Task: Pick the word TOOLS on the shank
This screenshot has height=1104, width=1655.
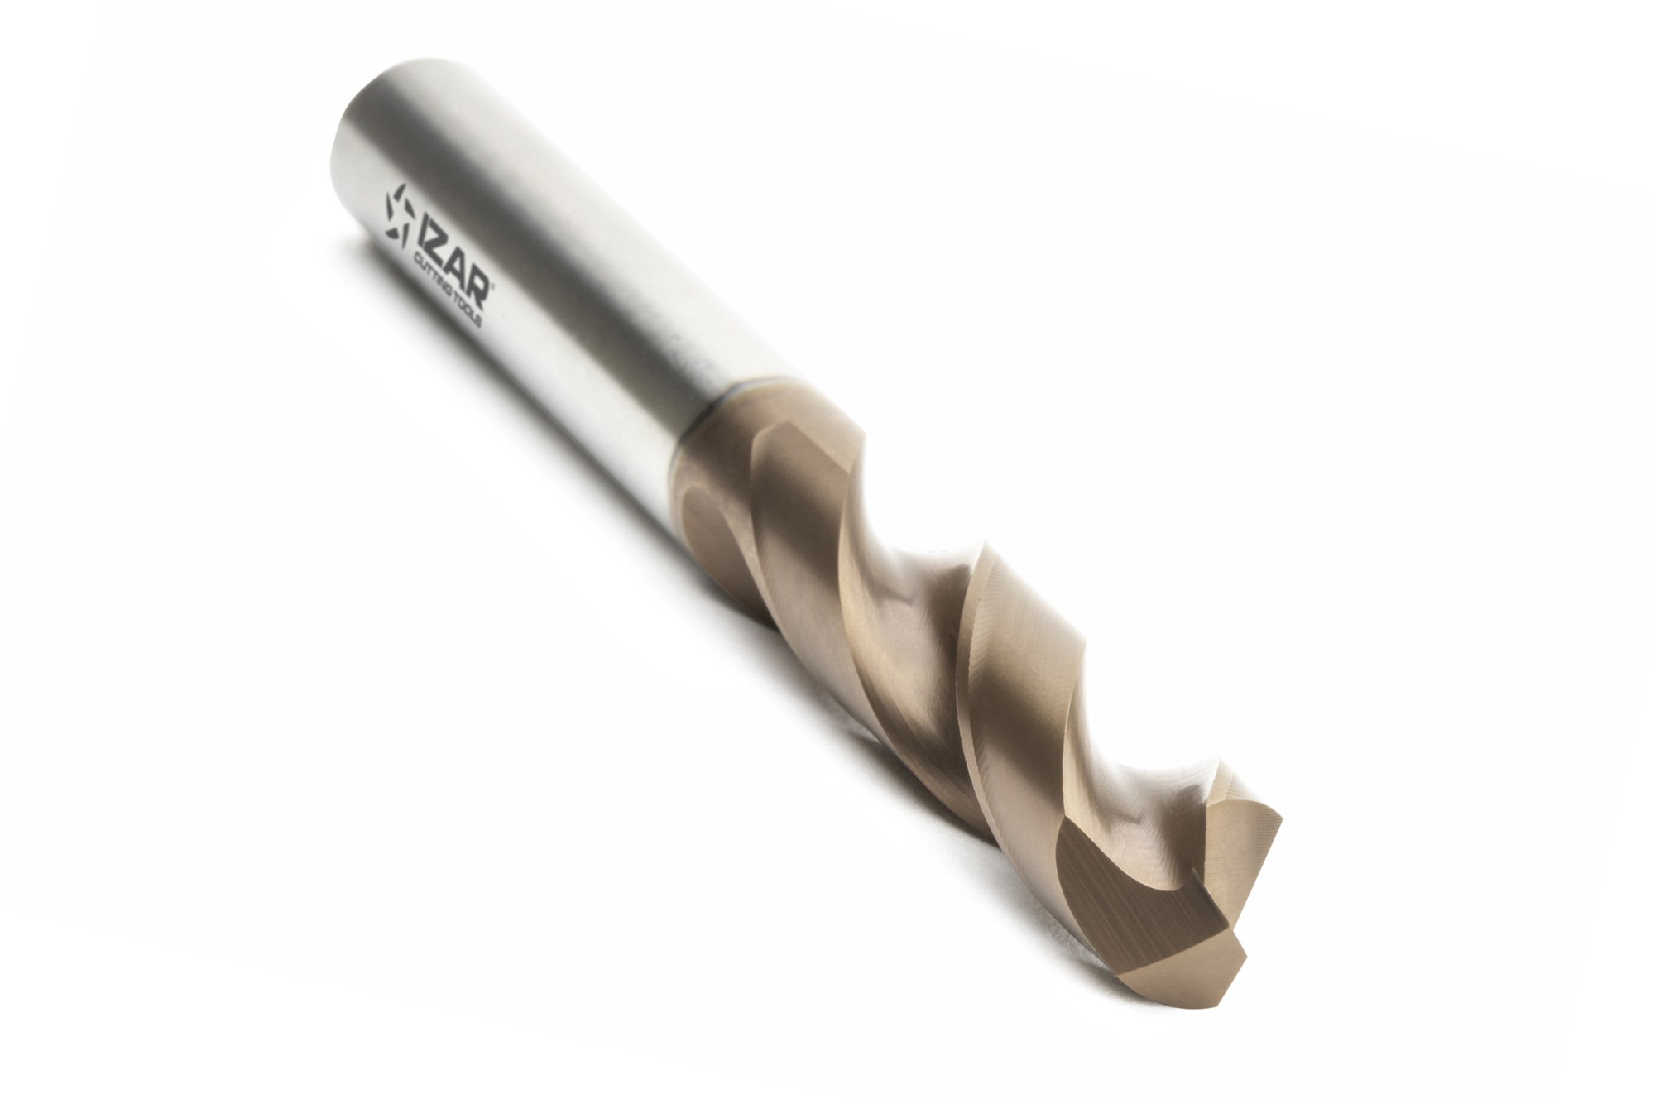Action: (468, 310)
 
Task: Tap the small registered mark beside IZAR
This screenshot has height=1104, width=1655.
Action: (492, 286)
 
